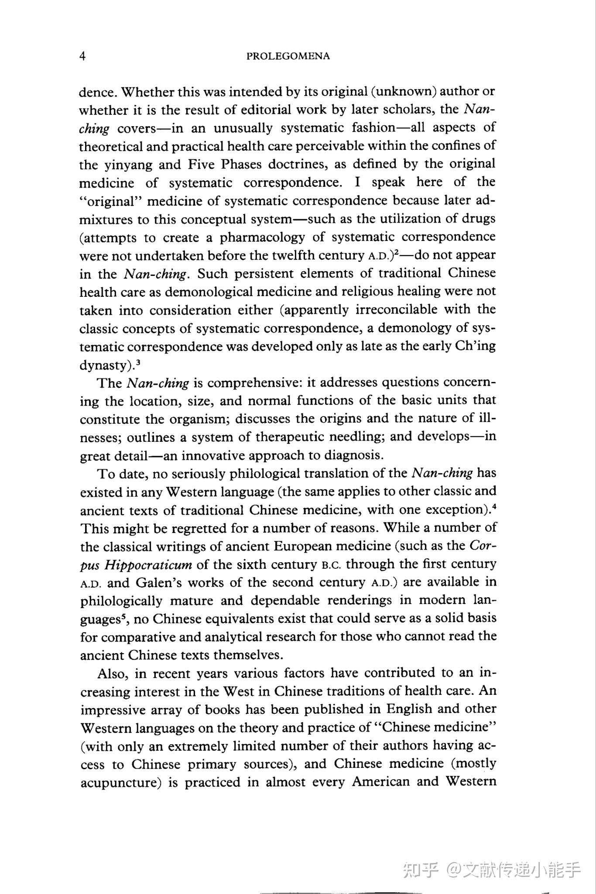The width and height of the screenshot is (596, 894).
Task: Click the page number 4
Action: tap(82, 56)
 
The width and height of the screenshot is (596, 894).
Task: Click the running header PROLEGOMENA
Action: tap(288, 56)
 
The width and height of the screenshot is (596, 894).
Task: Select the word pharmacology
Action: tap(262, 237)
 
